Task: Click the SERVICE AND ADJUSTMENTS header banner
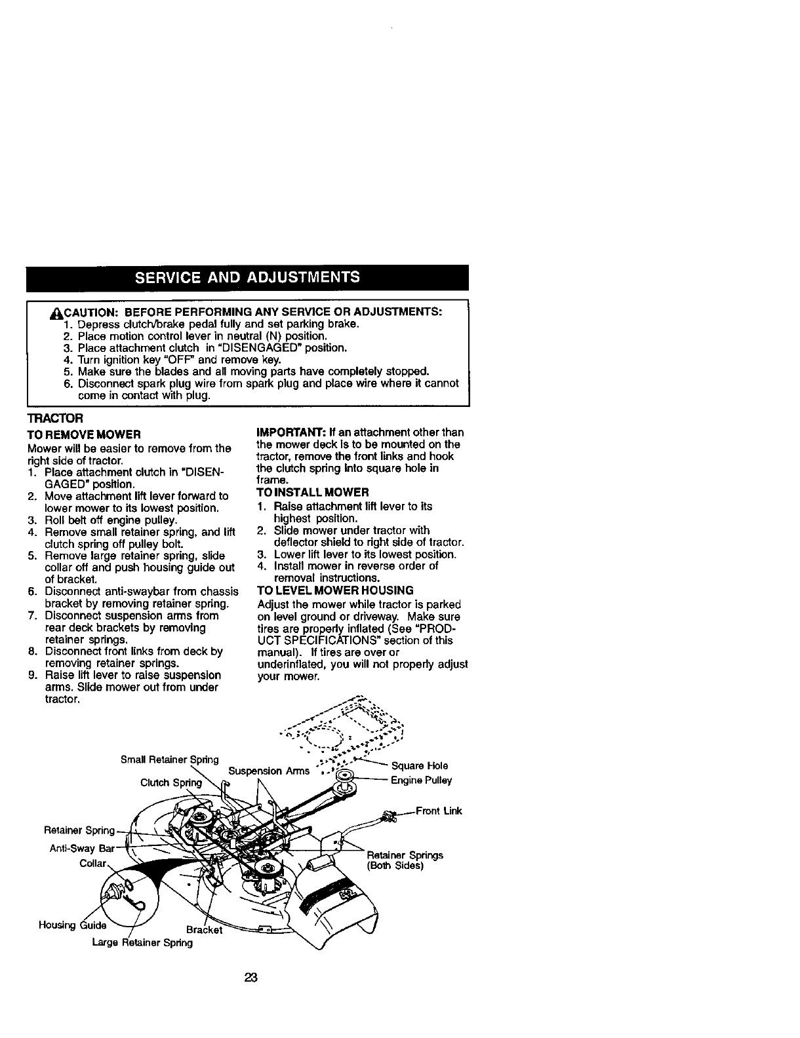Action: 247,277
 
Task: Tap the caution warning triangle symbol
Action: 55,312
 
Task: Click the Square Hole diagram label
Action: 419,765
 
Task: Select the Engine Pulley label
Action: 421,780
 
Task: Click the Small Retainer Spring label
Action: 170,759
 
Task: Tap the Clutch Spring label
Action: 171,782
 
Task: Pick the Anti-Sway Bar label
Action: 82,848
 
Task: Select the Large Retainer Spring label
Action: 142,942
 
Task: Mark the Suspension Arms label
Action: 268,771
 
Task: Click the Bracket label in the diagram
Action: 205,929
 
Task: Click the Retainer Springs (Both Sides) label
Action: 405,860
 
